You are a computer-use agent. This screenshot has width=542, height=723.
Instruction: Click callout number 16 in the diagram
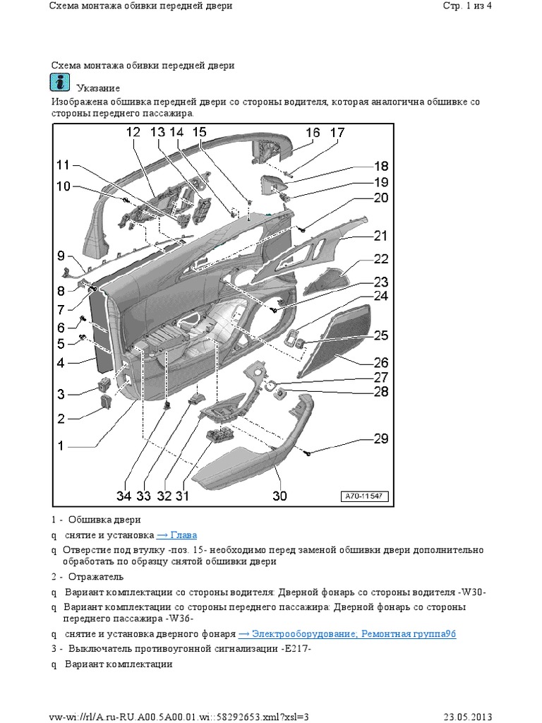(x=313, y=132)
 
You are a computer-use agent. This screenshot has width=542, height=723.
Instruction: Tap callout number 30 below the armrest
(x=279, y=496)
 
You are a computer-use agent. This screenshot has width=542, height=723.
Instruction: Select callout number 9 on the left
(x=61, y=256)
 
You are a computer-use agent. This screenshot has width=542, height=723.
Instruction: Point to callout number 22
(x=381, y=258)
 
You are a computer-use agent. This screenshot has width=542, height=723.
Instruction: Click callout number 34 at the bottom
(x=124, y=496)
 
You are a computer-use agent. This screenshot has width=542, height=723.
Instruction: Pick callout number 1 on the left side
(x=61, y=446)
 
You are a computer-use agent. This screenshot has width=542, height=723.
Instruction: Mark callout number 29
(x=380, y=438)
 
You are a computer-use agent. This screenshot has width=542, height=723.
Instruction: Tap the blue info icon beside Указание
(x=61, y=83)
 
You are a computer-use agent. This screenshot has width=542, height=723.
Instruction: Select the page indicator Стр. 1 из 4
(x=466, y=6)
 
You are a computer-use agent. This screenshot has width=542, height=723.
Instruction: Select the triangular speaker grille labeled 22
(x=329, y=280)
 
